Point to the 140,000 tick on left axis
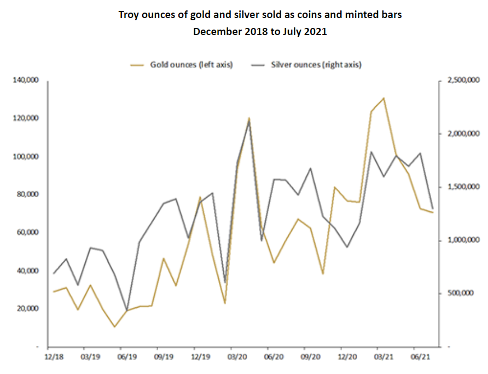click(x=27, y=80)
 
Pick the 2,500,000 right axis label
click(x=463, y=80)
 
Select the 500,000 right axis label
click(x=460, y=294)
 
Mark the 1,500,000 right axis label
click(x=463, y=187)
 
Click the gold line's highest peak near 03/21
click(x=384, y=98)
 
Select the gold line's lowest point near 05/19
click(x=114, y=327)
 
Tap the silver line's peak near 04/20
click(x=249, y=120)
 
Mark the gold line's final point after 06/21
click(x=433, y=212)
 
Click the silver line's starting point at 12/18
click(x=53, y=273)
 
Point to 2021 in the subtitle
click(x=316, y=31)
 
